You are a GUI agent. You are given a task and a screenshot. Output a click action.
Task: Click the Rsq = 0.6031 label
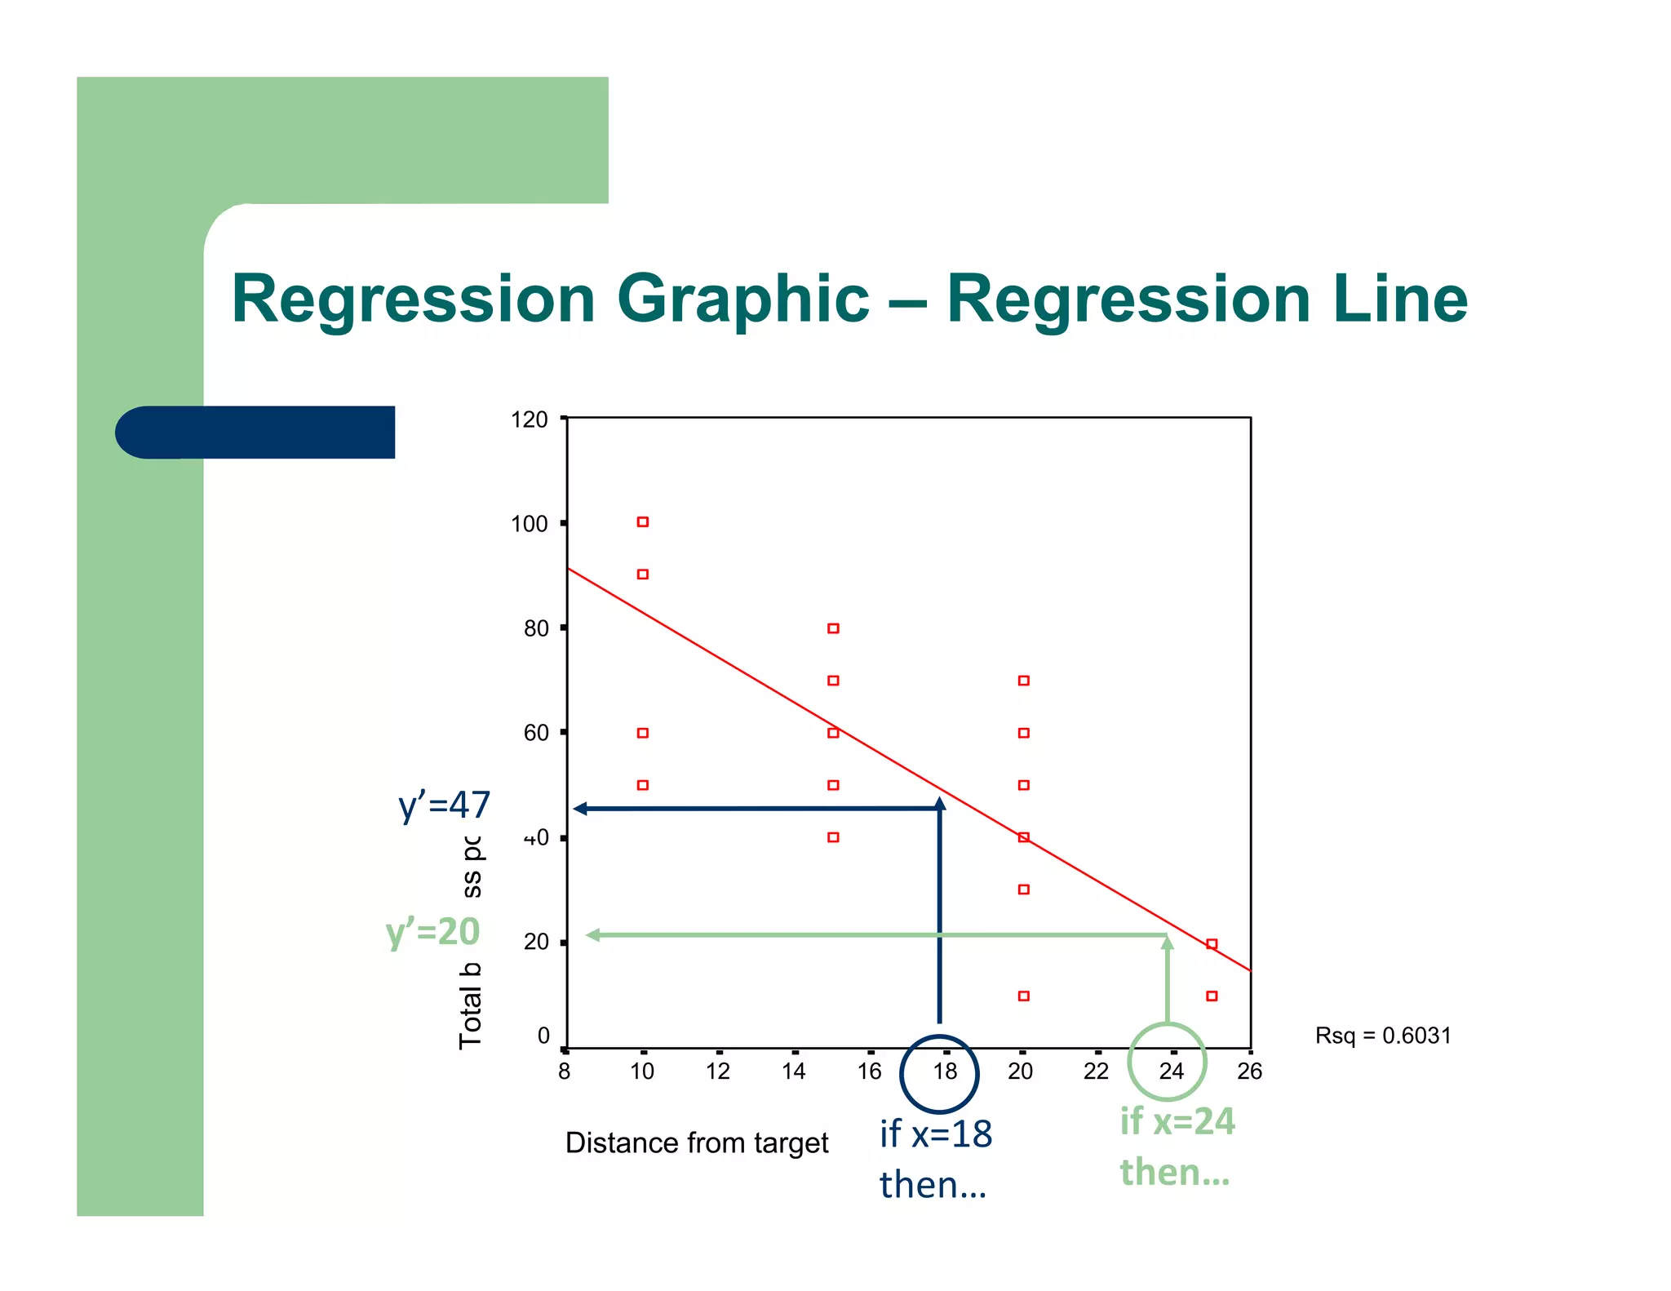tap(1383, 1036)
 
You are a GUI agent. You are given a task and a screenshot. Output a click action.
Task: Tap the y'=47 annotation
tap(444, 805)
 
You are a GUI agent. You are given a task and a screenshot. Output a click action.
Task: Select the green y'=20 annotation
tap(432, 932)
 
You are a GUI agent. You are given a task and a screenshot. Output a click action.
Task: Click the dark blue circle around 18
tap(938, 1073)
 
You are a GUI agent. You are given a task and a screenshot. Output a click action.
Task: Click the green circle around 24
tap(1167, 1062)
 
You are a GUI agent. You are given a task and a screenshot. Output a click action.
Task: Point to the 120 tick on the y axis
tap(529, 419)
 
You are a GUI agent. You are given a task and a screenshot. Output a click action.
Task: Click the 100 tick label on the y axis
tap(529, 524)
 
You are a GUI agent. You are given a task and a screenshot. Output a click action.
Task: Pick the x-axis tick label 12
tap(718, 1071)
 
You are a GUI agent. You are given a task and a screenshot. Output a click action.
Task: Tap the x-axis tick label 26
tap(1249, 1071)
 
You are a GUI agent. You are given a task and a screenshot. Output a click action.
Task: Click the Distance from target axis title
tap(697, 1143)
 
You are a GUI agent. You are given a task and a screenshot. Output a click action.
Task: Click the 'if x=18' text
tap(936, 1134)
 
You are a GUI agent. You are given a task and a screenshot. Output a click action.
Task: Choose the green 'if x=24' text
tap(1177, 1121)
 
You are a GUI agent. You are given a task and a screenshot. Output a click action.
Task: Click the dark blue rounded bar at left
tap(255, 432)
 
